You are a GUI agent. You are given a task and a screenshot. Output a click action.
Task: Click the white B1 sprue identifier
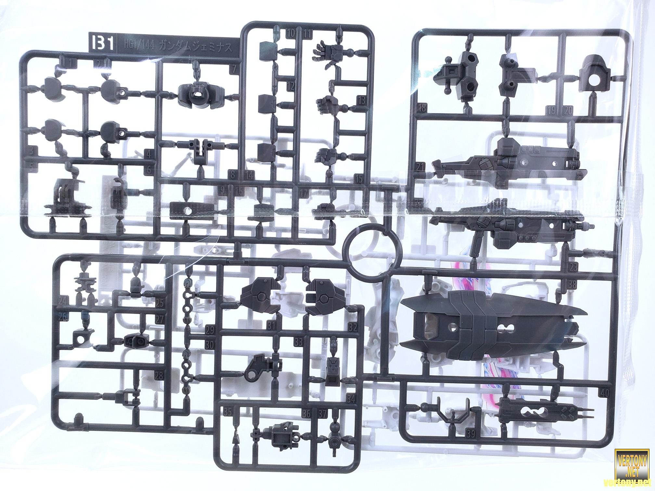pos(103,45)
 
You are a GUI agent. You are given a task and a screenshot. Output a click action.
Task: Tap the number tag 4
pos(149,155)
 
